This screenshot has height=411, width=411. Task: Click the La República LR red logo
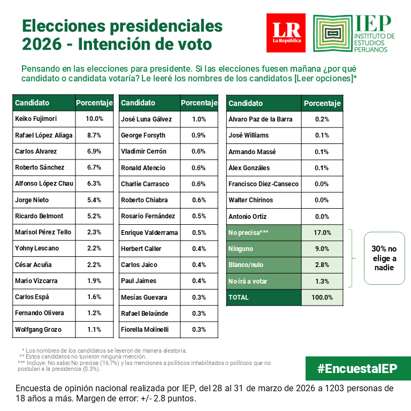(286, 33)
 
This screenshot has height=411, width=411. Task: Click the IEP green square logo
(332, 34)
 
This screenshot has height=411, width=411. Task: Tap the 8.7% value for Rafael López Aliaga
(94, 135)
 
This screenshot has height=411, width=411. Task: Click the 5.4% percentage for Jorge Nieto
(94, 200)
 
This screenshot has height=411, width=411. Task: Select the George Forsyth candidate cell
(148, 135)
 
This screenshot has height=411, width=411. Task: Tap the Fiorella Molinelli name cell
(148, 330)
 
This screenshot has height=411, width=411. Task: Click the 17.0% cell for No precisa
(322, 233)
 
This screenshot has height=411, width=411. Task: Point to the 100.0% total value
(322, 298)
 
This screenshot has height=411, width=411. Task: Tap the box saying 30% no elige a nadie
(384, 258)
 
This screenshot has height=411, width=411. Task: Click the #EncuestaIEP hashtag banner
(358, 368)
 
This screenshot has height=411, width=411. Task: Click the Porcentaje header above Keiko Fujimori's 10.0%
(94, 103)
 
